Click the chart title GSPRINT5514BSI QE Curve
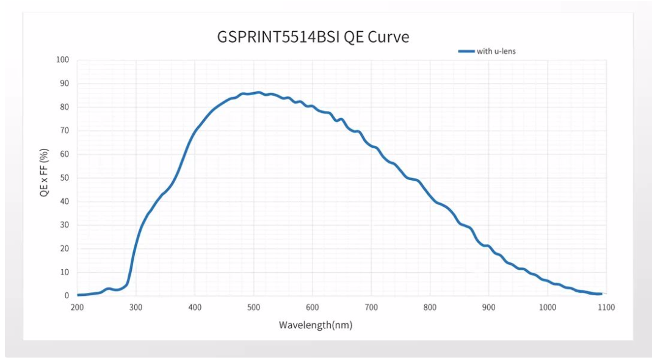pyautogui.click(x=313, y=37)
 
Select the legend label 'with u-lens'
pyautogui.click(x=496, y=51)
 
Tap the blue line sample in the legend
pyautogui.click(x=466, y=51)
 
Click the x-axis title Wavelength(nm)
pyautogui.click(x=316, y=325)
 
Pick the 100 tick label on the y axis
pyautogui.click(x=63, y=60)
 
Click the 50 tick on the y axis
pyautogui.click(x=65, y=178)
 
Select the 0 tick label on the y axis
pyautogui.click(x=67, y=296)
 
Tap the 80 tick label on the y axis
pyautogui.click(x=65, y=107)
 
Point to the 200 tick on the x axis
pyautogui.click(x=78, y=308)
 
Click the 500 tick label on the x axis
pyautogui.click(x=254, y=308)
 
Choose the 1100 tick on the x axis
pyautogui.click(x=606, y=308)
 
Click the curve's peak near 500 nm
pyautogui.click(x=259, y=93)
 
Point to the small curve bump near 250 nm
pyautogui.click(x=108, y=289)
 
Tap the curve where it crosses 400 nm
pyautogui.click(x=195, y=131)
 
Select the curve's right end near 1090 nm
pyautogui.click(x=601, y=294)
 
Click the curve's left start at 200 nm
pyautogui.click(x=78, y=295)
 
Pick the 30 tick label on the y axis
pyautogui.click(x=65, y=225)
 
